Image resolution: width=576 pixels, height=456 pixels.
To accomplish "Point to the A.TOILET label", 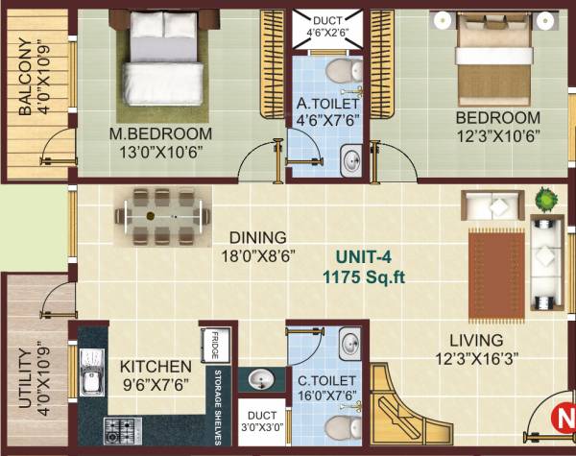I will point(326,104).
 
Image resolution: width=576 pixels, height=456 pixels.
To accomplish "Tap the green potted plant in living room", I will point(544,199).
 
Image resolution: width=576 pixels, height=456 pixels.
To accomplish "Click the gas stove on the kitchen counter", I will point(123,428).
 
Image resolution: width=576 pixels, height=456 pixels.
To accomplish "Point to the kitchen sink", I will point(92,383).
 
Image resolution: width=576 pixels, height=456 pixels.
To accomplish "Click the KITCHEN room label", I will point(155,367).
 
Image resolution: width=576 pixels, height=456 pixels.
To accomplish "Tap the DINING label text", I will point(256,237).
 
